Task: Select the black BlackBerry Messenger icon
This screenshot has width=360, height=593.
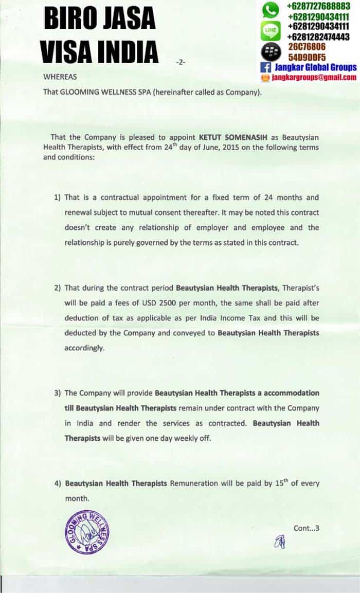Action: click(271, 51)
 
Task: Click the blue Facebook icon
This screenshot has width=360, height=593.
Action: click(265, 67)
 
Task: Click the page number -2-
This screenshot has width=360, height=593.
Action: click(180, 62)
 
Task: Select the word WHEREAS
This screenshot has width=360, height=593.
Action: click(60, 77)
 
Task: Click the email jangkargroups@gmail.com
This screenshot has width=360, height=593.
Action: click(314, 77)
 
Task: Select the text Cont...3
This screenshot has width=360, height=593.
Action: click(307, 528)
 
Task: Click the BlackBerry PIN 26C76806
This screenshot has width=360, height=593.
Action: click(307, 47)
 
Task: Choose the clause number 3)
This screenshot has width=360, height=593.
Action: click(58, 393)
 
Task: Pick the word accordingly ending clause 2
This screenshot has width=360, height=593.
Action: click(84, 348)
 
